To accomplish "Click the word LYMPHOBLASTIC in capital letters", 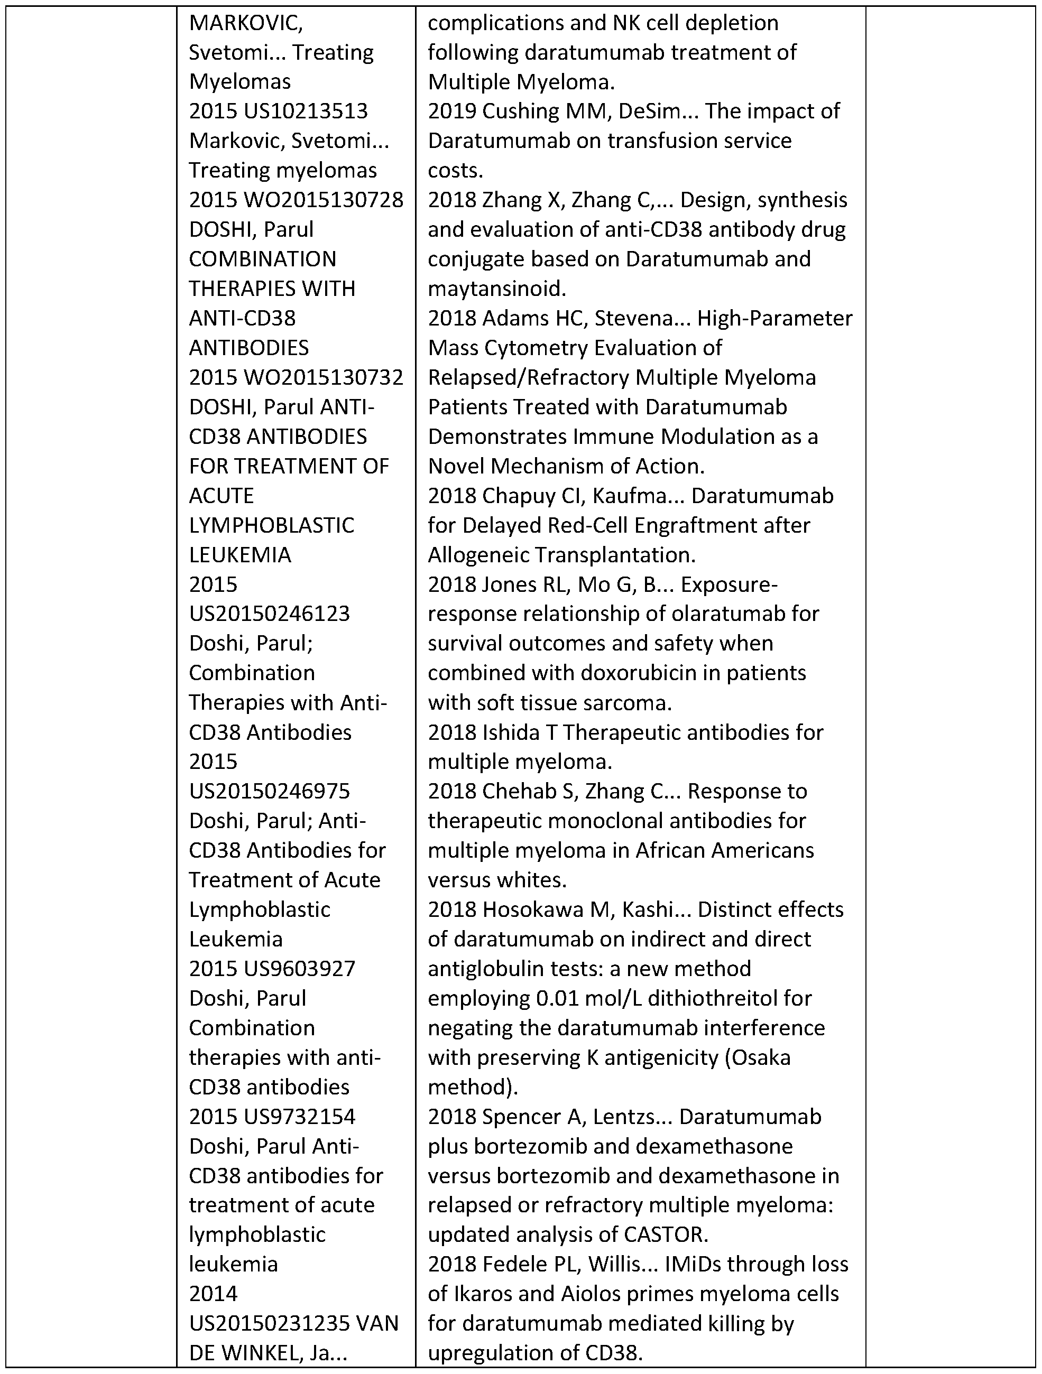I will click(272, 525).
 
